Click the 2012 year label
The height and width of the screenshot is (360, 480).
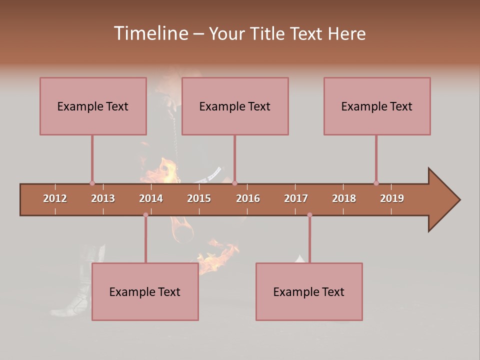tap(55, 198)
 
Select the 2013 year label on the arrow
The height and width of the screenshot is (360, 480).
tap(103, 198)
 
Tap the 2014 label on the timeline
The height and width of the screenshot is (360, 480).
tap(151, 198)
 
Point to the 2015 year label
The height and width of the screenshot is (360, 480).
tap(199, 198)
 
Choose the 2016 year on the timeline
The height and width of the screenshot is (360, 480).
tap(248, 198)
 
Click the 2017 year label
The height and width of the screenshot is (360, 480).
tap(296, 198)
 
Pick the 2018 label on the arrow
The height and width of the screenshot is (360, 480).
tap(344, 198)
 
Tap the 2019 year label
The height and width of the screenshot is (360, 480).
tap(392, 198)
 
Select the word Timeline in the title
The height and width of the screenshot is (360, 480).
tap(150, 33)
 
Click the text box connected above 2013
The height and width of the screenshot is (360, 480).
tap(93, 106)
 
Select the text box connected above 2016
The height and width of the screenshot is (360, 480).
tap(235, 106)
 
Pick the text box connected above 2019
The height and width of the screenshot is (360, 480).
tap(377, 106)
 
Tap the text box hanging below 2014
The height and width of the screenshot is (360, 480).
tap(145, 291)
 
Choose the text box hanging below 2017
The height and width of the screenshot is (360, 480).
tap(309, 291)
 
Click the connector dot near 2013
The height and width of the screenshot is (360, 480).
tap(92, 183)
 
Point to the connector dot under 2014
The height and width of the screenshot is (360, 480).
tap(145, 215)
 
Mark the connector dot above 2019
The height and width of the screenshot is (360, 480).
tap(376, 183)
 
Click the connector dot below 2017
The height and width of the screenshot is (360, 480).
tap(309, 215)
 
